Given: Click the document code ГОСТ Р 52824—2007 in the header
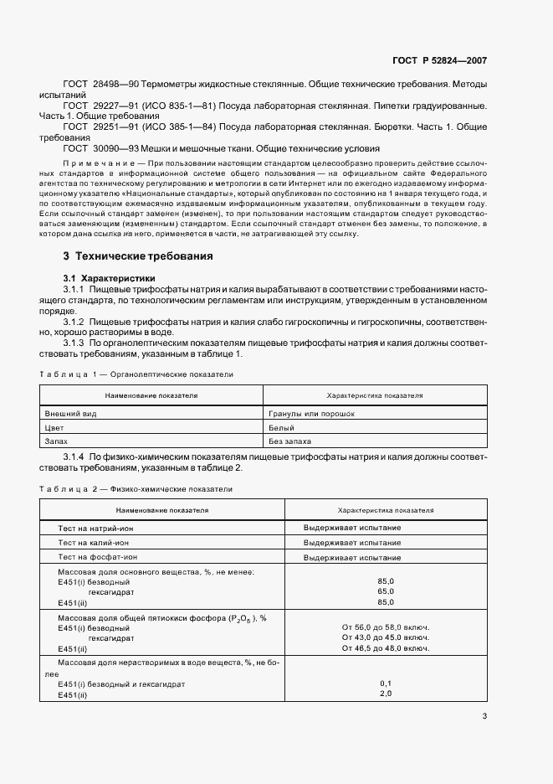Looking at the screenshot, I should click(439, 61).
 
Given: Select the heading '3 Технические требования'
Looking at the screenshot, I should click(138, 256).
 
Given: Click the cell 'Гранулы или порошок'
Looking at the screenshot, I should click(312, 414).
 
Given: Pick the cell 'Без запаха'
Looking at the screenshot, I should click(289, 441).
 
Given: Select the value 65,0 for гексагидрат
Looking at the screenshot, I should click(386, 591).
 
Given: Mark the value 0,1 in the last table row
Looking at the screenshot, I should click(386, 683).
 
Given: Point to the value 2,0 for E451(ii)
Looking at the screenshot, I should click(386, 694).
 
